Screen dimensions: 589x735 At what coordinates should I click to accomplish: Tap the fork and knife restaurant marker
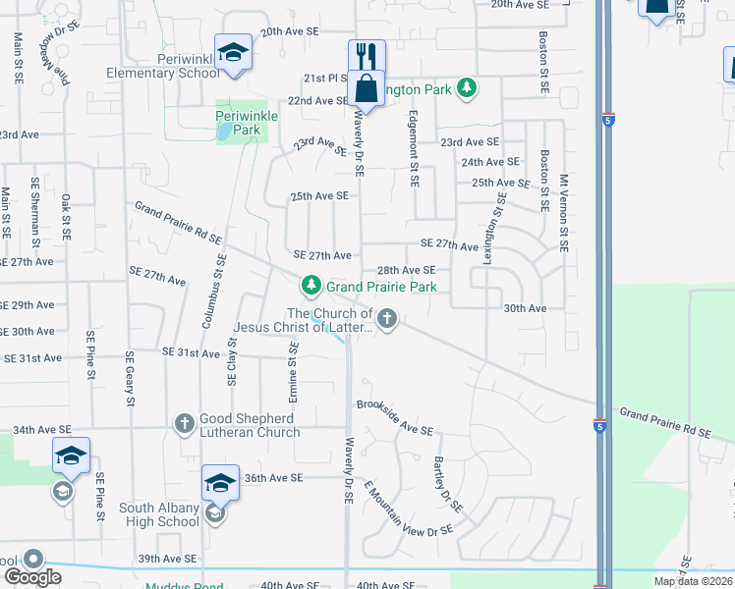point(367,55)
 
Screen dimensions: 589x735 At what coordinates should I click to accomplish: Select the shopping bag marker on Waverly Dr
point(367,87)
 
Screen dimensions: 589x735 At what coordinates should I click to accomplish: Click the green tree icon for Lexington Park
point(468,89)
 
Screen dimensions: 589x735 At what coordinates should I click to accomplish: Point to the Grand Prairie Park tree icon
point(311,286)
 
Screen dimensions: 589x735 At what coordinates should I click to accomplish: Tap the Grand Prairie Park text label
point(381,287)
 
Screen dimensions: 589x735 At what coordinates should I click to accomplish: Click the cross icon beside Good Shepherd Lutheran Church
point(184,424)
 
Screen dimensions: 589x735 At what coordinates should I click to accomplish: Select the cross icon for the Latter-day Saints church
point(387,317)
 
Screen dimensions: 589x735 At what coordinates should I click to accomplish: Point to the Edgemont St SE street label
point(415,148)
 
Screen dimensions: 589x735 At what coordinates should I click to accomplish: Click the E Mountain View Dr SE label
point(407,509)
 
